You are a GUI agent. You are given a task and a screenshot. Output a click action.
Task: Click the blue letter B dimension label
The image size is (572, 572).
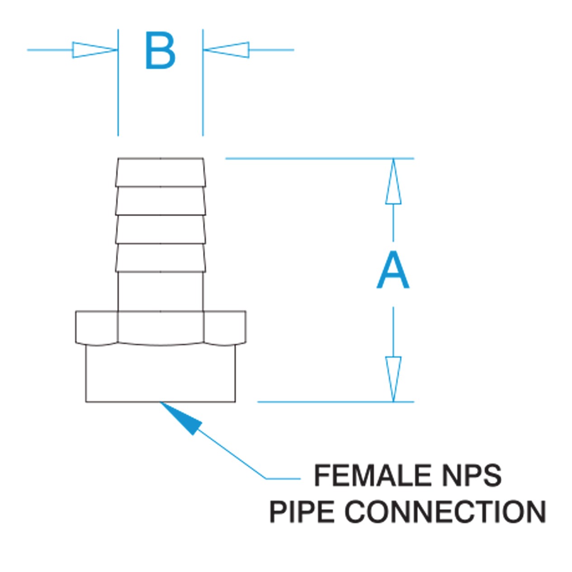click(160, 51)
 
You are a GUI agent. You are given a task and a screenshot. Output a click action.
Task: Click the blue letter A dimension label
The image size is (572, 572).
click(393, 271)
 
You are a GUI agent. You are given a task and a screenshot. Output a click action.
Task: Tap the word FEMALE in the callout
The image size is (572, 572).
click(373, 476)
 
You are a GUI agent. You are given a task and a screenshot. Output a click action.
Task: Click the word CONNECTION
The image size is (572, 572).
click(445, 512)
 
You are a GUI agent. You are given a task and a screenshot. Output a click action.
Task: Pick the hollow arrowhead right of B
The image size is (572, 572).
click(227, 50)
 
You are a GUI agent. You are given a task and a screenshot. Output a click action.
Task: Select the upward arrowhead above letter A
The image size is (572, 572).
click(393, 183)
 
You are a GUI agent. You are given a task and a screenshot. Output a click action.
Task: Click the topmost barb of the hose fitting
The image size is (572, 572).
click(161, 172)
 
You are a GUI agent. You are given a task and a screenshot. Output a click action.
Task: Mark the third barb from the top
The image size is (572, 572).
click(161, 229)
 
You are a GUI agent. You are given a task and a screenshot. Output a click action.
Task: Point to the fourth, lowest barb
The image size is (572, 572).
click(161, 258)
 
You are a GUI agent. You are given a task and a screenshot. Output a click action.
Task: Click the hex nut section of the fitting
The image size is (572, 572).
click(161, 327)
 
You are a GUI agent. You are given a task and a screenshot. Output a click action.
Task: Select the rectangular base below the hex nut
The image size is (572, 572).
click(161, 373)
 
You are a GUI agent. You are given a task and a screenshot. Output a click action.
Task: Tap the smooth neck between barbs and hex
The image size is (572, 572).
click(161, 292)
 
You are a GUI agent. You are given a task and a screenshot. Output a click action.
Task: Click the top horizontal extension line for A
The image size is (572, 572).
click(317, 158)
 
